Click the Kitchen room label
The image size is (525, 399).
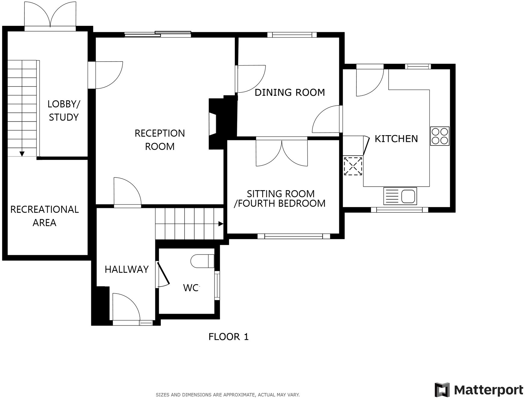point(396,139)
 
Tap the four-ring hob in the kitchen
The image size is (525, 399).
point(440,136)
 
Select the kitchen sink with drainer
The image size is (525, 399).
point(400,196)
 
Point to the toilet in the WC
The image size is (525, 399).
point(202,261)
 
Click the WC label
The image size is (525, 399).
point(191,288)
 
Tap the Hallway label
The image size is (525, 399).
point(126,269)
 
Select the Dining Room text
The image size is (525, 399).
point(290,92)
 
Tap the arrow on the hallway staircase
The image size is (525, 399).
point(221,224)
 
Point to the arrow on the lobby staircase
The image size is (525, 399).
point(22,154)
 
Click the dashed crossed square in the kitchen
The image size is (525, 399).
point(353,166)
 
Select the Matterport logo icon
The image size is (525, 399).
point(442,390)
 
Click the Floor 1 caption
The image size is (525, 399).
point(228,337)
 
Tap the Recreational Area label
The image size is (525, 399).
point(45,216)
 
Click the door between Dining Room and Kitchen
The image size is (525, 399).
point(328,120)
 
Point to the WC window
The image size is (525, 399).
point(217,285)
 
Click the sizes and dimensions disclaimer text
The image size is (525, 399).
point(228,395)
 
